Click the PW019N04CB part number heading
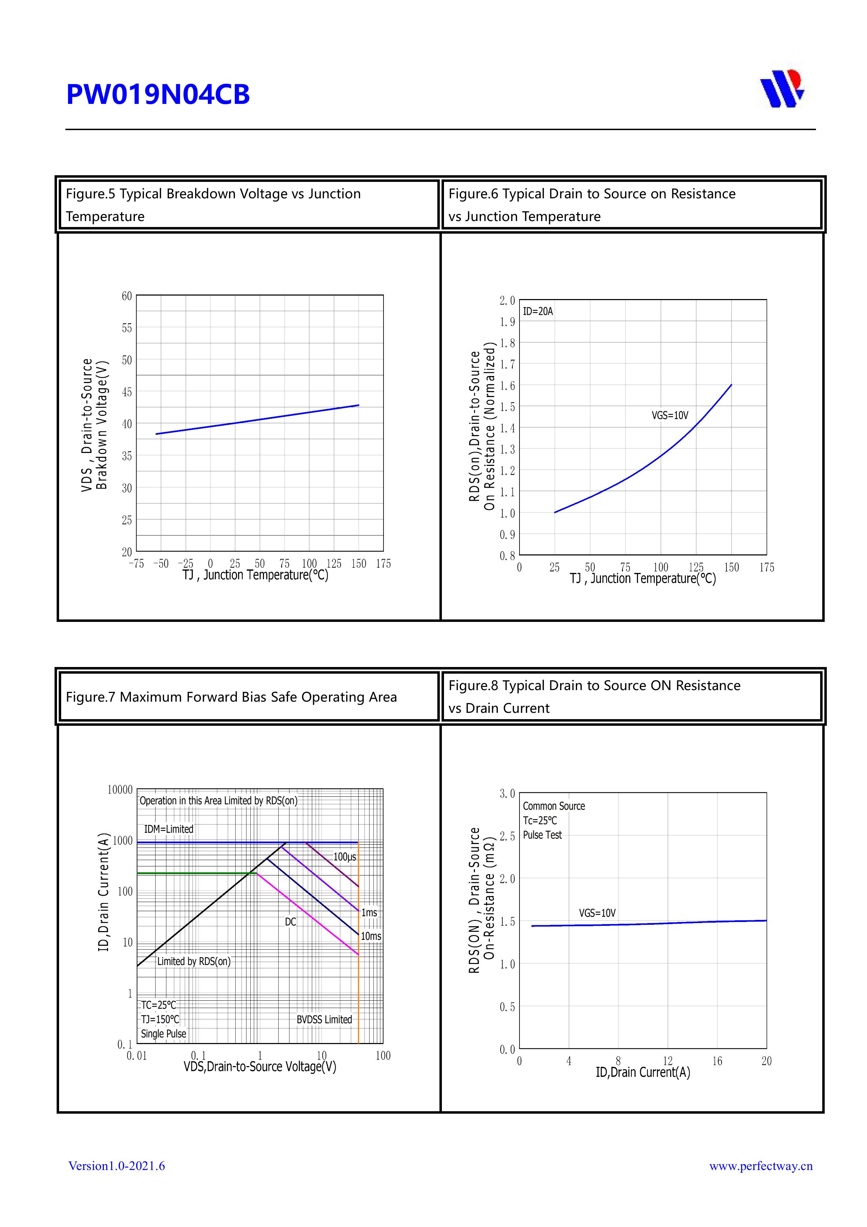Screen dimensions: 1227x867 158,94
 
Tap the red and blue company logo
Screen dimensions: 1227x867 782,89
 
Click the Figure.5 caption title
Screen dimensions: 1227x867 213,205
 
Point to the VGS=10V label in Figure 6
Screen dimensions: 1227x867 669,415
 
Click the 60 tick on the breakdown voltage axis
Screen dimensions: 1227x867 127,296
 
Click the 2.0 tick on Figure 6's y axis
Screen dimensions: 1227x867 507,301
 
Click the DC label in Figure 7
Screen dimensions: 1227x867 290,922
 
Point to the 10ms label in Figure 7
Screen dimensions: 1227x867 371,936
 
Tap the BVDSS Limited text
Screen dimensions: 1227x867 324,1019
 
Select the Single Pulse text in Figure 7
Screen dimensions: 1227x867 164,1034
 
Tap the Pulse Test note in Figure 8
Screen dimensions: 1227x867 542,835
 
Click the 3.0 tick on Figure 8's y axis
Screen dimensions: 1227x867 507,794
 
